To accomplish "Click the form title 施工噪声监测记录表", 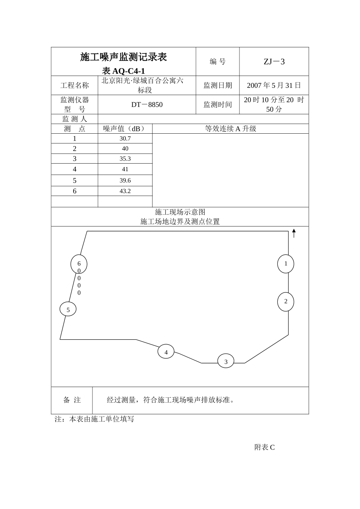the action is click(x=124, y=57).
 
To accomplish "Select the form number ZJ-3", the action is click(x=274, y=62).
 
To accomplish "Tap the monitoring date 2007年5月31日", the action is click(x=274, y=86).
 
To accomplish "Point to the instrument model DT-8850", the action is click(x=147, y=105).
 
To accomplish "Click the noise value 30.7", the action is click(x=125, y=139).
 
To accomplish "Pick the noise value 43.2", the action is click(x=125, y=191).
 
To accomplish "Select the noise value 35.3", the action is click(x=125, y=159).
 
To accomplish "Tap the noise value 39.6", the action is click(x=125, y=181).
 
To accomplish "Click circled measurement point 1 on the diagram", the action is click(x=286, y=264).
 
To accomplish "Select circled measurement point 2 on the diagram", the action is click(x=286, y=301).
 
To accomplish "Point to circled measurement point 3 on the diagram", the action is click(x=226, y=362).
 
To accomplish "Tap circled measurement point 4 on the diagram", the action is click(x=166, y=352).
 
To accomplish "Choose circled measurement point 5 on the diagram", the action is click(x=68, y=310).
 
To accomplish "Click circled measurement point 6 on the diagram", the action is click(x=79, y=264).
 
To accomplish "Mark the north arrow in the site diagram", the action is click(x=294, y=233).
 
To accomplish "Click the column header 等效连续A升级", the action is click(x=230, y=129).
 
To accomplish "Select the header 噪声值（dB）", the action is click(x=124, y=129).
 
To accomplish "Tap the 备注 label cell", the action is click(x=72, y=400).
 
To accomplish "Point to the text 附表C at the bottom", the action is click(x=265, y=447).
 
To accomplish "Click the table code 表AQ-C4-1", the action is click(x=124, y=71).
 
